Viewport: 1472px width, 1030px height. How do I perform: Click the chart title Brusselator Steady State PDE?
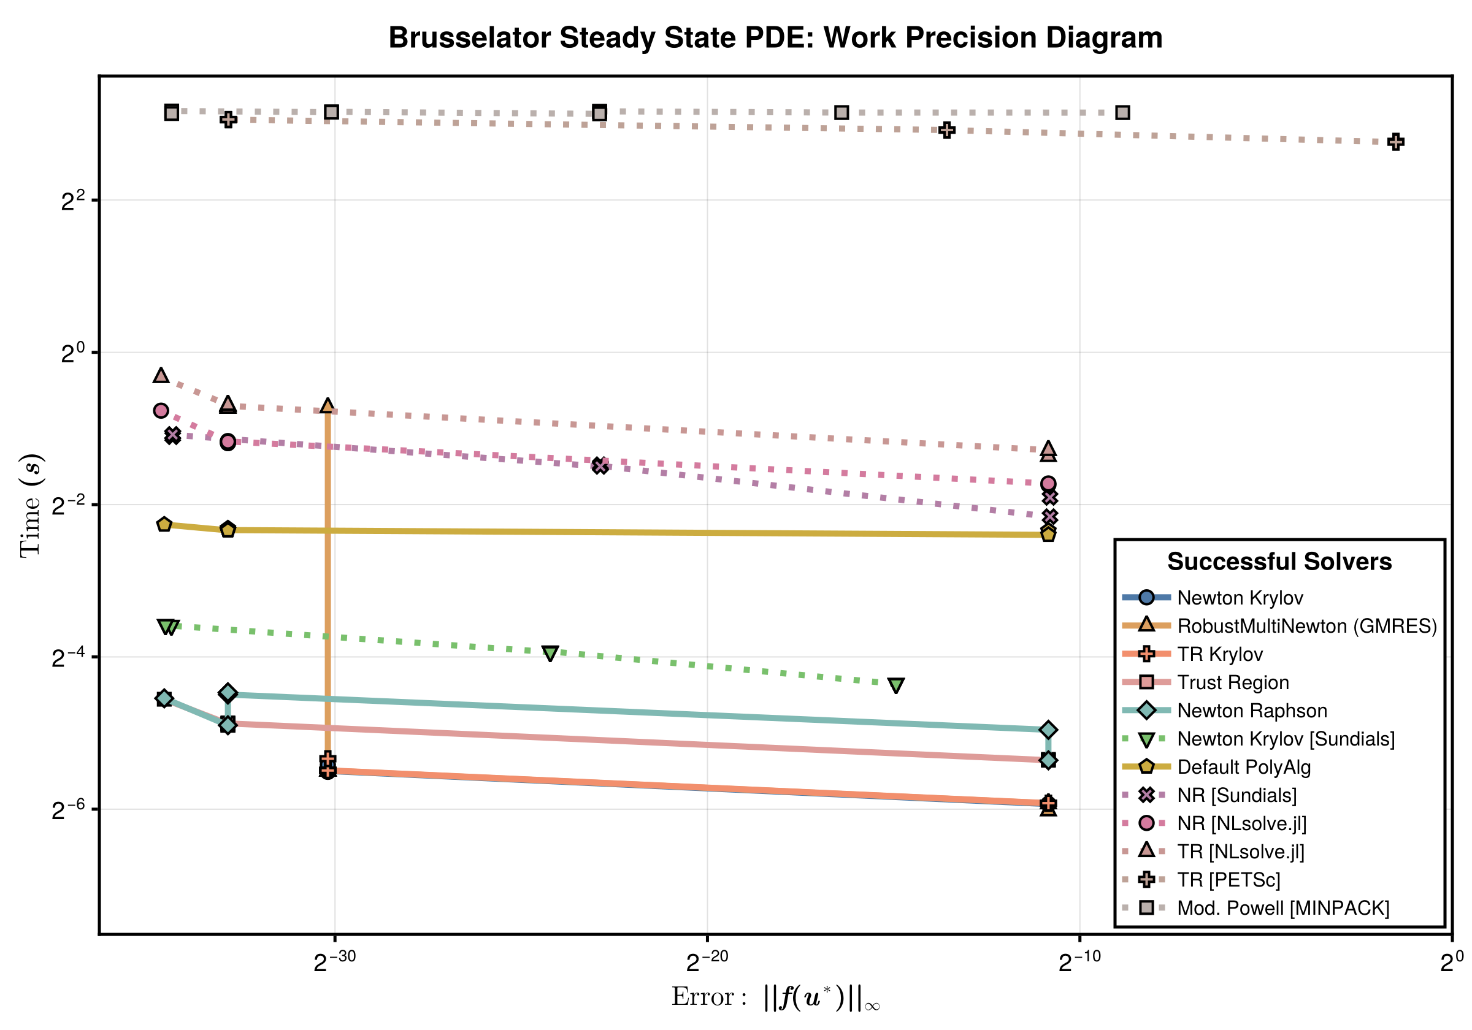(x=775, y=38)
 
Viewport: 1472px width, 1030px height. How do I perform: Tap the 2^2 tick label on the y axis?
(x=72, y=201)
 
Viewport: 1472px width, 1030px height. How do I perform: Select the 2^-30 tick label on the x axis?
(x=334, y=961)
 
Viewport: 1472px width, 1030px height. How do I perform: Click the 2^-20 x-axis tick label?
(x=707, y=961)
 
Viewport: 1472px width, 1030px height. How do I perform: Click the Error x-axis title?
(x=775, y=998)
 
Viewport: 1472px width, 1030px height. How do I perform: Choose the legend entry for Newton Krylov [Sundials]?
(x=1286, y=739)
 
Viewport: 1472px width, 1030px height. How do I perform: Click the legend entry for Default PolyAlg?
(x=1244, y=767)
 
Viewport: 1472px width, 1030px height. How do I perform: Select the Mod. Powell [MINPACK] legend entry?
(x=1283, y=908)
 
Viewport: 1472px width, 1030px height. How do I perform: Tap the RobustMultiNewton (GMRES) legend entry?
(x=1306, y=626)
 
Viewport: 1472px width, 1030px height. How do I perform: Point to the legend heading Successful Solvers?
(x=1279, y=562)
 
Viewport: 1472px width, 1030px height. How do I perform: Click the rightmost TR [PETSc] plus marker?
(x=1396, y=142)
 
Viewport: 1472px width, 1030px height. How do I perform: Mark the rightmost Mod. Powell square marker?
(x=1122, y=113)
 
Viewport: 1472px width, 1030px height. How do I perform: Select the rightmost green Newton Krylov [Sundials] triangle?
(x=896, y=685)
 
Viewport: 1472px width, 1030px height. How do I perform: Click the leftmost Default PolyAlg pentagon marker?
(x=164, y=524)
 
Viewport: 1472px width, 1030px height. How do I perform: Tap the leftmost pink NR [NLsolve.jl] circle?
(x=161, y=410)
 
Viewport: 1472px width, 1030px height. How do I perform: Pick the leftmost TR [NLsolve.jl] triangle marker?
(x=161, y=375)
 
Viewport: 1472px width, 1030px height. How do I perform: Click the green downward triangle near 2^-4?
(x=550, y=653)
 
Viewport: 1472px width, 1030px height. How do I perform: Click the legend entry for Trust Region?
(x=1232, y=682)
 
